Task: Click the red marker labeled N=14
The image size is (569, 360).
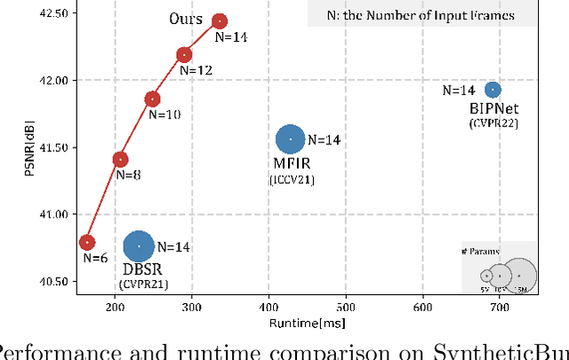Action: (x=219, y=20)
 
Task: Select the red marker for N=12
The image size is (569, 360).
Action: (x=184, y=55)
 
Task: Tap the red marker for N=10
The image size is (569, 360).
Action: (x=152, y=99)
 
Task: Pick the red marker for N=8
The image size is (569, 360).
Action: (x=120, y=159)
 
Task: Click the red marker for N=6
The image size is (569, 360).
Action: (x=87, y=242)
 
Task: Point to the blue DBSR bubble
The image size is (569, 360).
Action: (x=138, y=246)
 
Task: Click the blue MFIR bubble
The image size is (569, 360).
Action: (x=290, y=139)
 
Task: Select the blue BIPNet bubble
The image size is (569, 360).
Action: (x=493, y=90)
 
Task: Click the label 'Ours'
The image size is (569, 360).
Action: (x=185, y=20)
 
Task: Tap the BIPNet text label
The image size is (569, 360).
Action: (x=493, y=108)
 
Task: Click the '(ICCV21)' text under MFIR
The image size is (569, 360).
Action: (x=292, y=180)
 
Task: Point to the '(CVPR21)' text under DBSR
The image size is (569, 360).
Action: (x=142, y=284)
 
